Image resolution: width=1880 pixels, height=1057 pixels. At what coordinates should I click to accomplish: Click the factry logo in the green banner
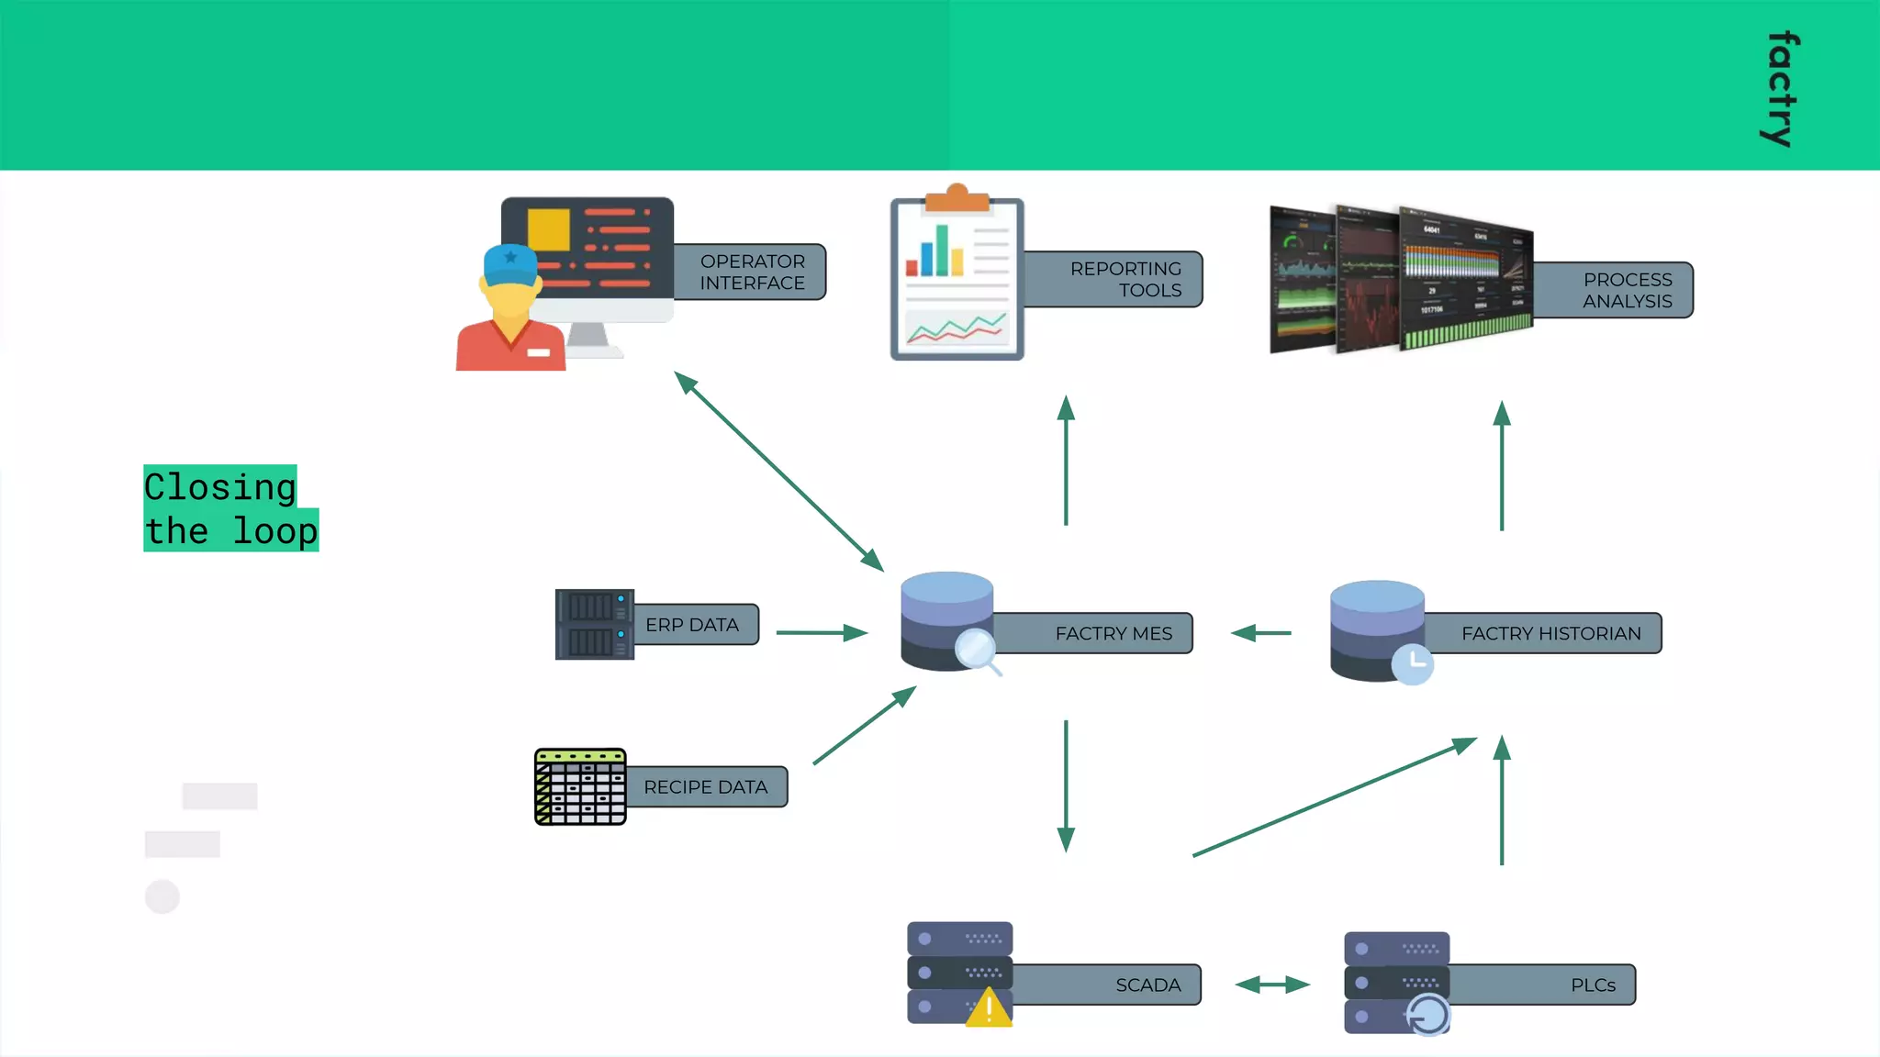click(1781, 89)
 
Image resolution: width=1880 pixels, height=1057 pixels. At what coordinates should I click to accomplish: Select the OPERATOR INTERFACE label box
click(751, 273)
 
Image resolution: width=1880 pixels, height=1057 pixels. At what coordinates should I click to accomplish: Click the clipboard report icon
click(957, 277)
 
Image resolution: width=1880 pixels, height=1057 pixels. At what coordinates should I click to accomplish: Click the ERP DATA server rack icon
click(594, 624)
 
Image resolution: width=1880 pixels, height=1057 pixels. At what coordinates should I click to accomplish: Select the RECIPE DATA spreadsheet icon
click(580, 786)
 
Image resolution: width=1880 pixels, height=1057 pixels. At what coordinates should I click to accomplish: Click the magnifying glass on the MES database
click(976, 651)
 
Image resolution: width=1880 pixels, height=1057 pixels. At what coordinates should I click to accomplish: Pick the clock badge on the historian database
click(1413, 662)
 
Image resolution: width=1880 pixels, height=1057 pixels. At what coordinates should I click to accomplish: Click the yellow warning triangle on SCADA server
click(989, 1008)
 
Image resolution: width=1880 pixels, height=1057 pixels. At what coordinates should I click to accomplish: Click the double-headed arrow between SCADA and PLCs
click(1272, 985)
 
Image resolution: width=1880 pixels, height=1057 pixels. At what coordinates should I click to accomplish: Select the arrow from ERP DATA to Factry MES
click(822, 632)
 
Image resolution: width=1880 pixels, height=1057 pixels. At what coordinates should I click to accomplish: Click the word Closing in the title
click(220, 486)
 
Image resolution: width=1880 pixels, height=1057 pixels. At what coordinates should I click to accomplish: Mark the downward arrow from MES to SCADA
click(1066, 785)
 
